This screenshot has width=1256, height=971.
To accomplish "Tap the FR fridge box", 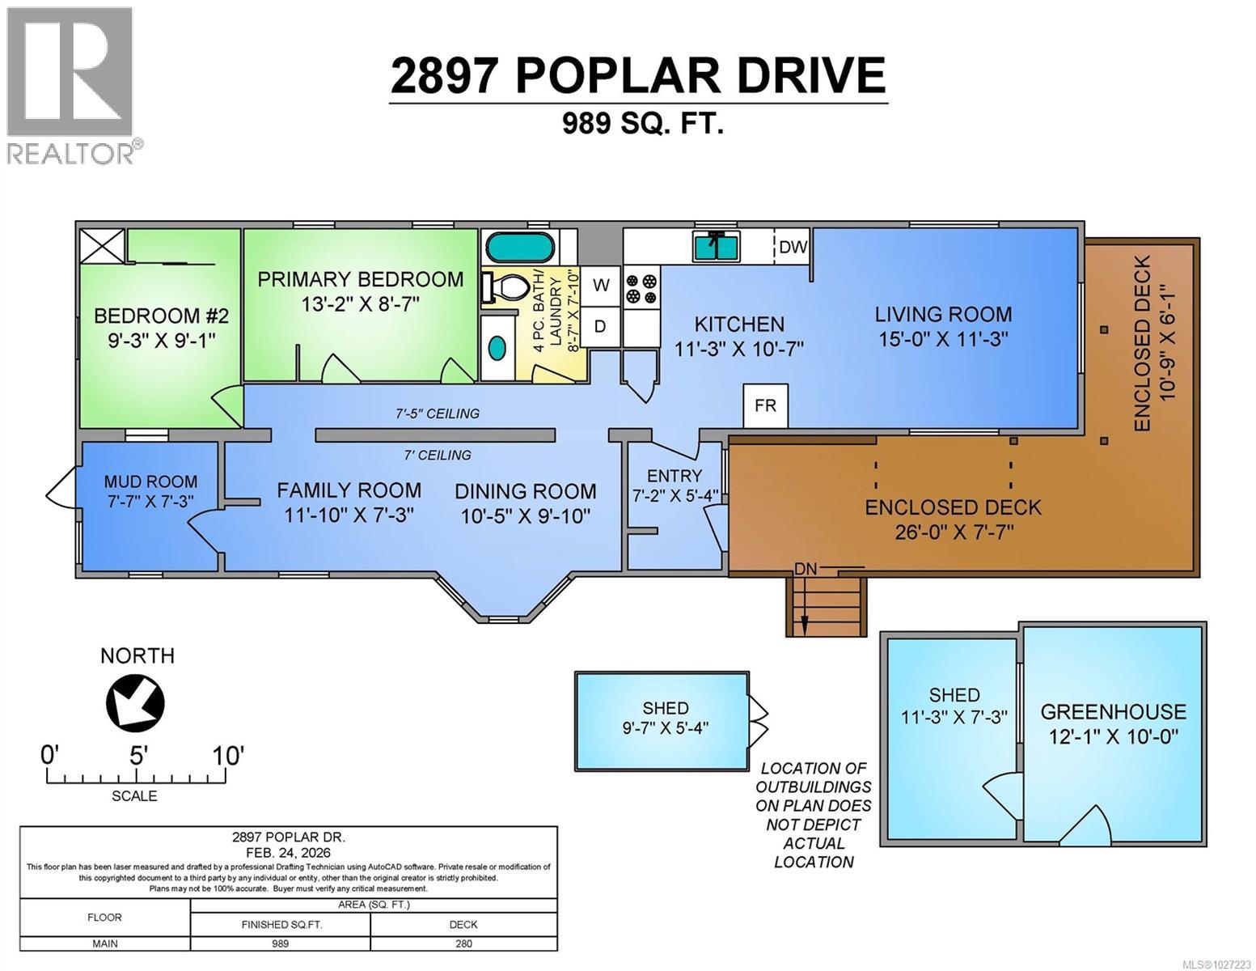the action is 765,405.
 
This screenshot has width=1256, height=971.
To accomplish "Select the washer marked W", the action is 601,285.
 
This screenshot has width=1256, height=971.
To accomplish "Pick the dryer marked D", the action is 600,327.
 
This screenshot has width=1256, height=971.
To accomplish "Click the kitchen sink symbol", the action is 716,246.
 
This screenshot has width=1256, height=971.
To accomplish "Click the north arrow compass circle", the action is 136,702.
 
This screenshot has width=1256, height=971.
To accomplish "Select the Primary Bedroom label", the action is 361,279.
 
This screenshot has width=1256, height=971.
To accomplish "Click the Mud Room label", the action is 150,482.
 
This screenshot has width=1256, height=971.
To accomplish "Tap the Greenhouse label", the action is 1113,712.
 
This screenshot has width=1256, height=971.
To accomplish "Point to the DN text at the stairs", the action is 805,569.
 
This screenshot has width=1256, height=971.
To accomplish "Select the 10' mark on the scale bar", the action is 227,757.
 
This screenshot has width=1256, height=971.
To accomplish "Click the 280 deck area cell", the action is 463,943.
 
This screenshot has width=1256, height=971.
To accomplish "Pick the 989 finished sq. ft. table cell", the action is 281,943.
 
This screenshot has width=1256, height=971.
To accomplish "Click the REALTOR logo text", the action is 71,153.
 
